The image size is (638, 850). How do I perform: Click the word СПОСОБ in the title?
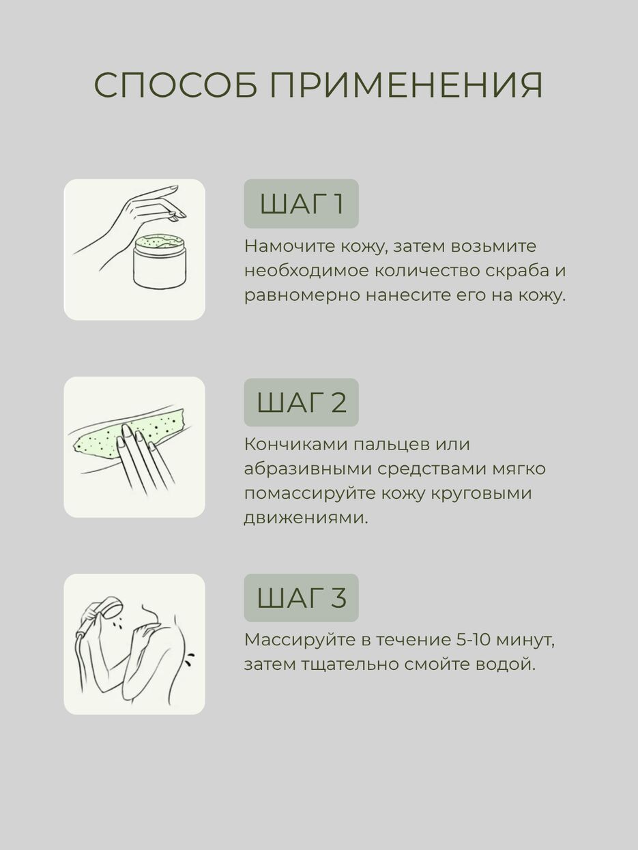pos(175,86)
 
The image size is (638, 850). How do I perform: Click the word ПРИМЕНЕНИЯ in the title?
pos(406,86)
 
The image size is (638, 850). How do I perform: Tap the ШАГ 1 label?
pos(301,204)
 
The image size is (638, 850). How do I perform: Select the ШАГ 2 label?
pos(301,402)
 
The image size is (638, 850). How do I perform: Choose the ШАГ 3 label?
pos(301,598)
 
